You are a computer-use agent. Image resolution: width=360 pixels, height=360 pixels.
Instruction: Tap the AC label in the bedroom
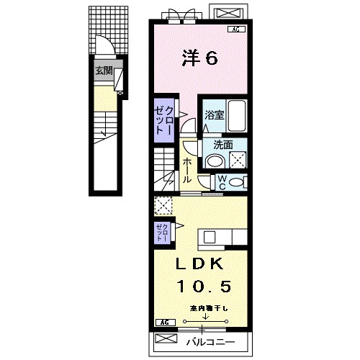(235, 30)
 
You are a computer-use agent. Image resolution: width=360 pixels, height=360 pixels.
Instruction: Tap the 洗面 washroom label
(222, 143)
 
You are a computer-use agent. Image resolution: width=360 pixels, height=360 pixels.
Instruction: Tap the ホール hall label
(186, 168)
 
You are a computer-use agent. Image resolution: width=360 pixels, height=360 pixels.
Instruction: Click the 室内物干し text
(208, 309)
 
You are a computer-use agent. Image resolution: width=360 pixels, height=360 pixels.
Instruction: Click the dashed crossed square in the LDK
(163, 207)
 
